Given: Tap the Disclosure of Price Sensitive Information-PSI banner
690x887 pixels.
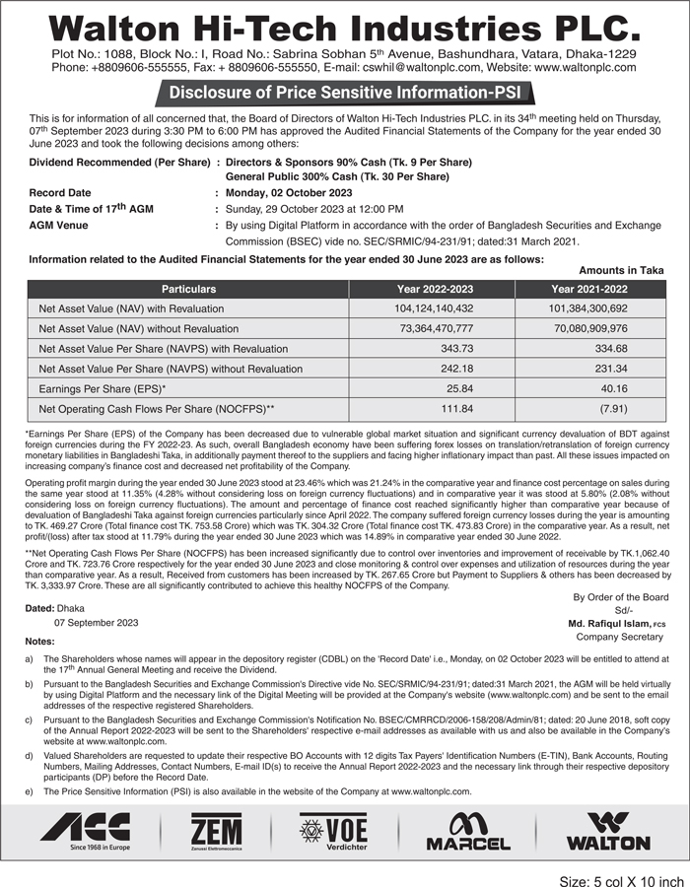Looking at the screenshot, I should point(345,94).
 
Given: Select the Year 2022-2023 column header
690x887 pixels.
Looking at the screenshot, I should point(435,289).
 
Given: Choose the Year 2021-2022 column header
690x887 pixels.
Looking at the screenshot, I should point(588,289).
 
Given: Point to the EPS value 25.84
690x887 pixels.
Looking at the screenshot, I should point(459,388).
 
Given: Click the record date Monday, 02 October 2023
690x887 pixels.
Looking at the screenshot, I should point(289,192).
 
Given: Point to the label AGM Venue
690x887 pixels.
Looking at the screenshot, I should point(58,225).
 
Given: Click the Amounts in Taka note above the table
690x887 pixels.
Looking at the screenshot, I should point(621,270).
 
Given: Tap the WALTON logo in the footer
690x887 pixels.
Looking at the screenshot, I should point(608,831).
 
